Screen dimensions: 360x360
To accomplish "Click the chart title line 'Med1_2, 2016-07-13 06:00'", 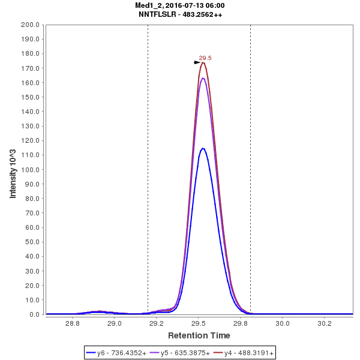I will tap(180, 5).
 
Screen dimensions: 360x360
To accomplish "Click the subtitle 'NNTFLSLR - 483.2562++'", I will tap(180, 14).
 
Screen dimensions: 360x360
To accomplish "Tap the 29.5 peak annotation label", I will tap(205, 58).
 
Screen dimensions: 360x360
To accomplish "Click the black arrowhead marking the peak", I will tap(197, 62).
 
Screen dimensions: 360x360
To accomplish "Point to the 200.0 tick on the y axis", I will tap(30, 25).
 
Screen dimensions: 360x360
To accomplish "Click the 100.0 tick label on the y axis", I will tap(30, 169).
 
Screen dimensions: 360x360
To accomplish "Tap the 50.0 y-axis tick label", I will tap(32, 242).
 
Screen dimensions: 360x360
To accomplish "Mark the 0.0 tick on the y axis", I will tap(34, 314).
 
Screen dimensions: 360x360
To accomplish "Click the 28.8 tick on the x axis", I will tap(73, 323).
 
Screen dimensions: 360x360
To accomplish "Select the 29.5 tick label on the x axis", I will tap(199, 323).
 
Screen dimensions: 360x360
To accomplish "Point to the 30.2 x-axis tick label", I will tap(325, 323).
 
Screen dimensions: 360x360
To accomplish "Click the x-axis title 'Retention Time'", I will tap(199, 335).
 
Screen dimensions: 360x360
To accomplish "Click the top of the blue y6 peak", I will tap(203, 148).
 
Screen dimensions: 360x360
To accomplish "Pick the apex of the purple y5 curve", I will tap(203, 78).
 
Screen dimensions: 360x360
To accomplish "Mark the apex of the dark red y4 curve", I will tap(203, 62).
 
